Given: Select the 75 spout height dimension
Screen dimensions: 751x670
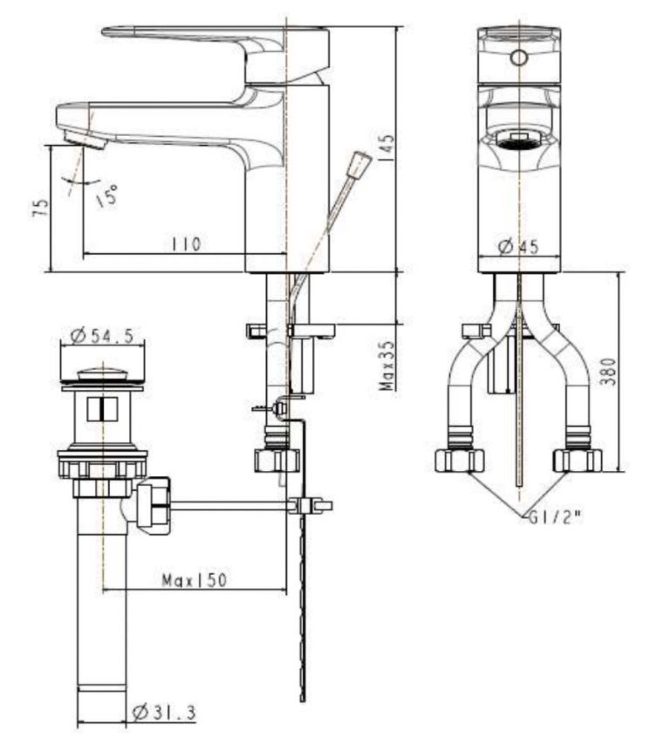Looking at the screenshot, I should coord(38,207).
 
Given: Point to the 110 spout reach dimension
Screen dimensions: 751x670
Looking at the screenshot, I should coord(185,244).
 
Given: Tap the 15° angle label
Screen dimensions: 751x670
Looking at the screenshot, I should coord(106,195).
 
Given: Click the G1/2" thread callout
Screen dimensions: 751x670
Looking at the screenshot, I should coord(554,515).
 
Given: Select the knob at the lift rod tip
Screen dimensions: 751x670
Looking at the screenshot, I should coord(358,164).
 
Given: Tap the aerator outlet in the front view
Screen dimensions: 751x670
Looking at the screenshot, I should coord(518,137).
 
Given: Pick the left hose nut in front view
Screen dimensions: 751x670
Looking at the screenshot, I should coord(460,459).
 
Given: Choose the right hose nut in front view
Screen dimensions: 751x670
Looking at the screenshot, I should coord(578,459).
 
